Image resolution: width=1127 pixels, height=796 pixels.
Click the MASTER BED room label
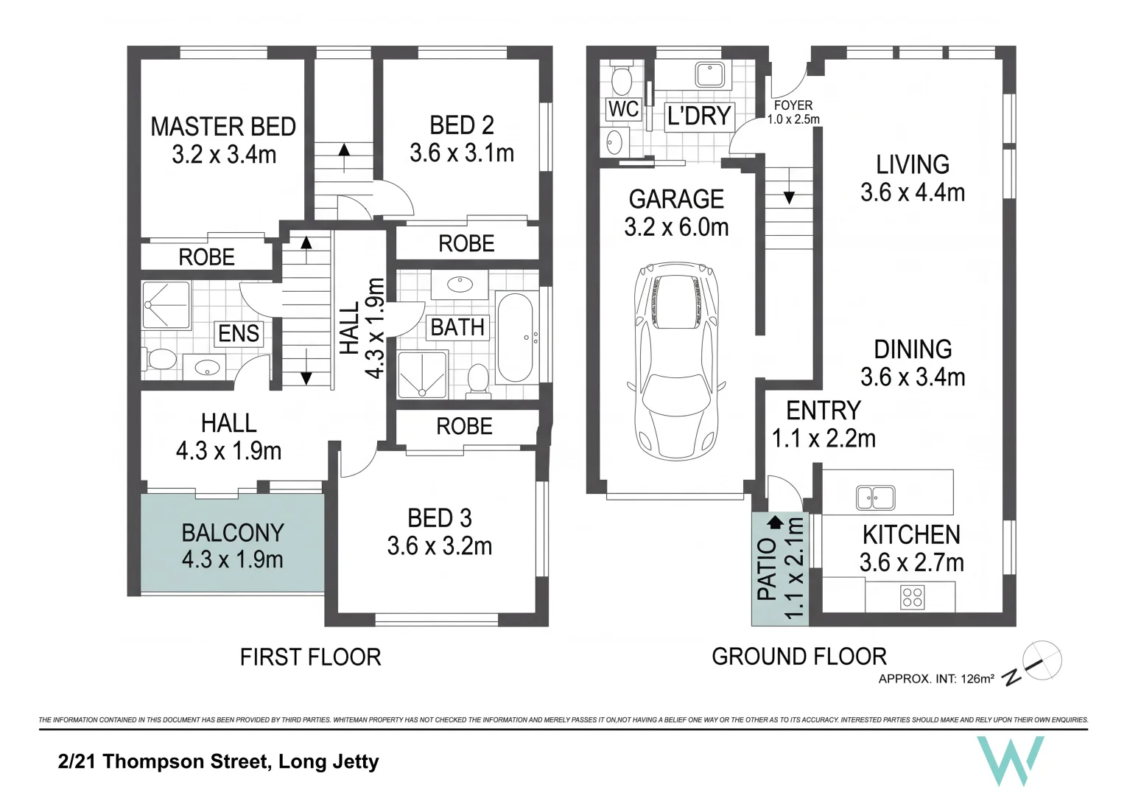223,126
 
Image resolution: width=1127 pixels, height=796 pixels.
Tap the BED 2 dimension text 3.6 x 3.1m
461,153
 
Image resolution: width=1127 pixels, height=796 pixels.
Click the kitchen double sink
875,497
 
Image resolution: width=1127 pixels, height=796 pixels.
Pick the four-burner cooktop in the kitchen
912,598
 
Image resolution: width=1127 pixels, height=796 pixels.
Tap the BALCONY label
233,533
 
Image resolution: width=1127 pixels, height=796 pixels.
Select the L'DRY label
699,116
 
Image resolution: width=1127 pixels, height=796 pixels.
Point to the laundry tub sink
710,75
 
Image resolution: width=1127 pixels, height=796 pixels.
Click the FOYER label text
793,105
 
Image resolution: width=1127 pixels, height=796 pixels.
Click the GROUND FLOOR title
799,657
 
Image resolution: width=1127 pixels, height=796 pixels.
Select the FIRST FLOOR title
310,657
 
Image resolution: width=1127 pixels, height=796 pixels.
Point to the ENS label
239,333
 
